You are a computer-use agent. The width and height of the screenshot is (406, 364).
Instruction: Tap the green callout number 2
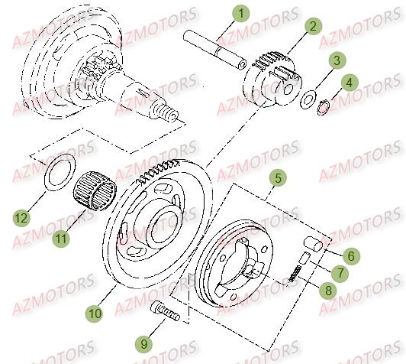click(x=312, y=27)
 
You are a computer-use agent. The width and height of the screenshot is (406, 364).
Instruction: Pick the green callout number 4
click(x=349, y=81)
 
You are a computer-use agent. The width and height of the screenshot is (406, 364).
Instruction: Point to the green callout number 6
click(x=352, y=258)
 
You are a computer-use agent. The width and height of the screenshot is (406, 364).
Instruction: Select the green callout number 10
click(x=93, y=313)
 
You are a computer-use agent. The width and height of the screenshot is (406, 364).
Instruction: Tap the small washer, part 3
click(x=308, y=99)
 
